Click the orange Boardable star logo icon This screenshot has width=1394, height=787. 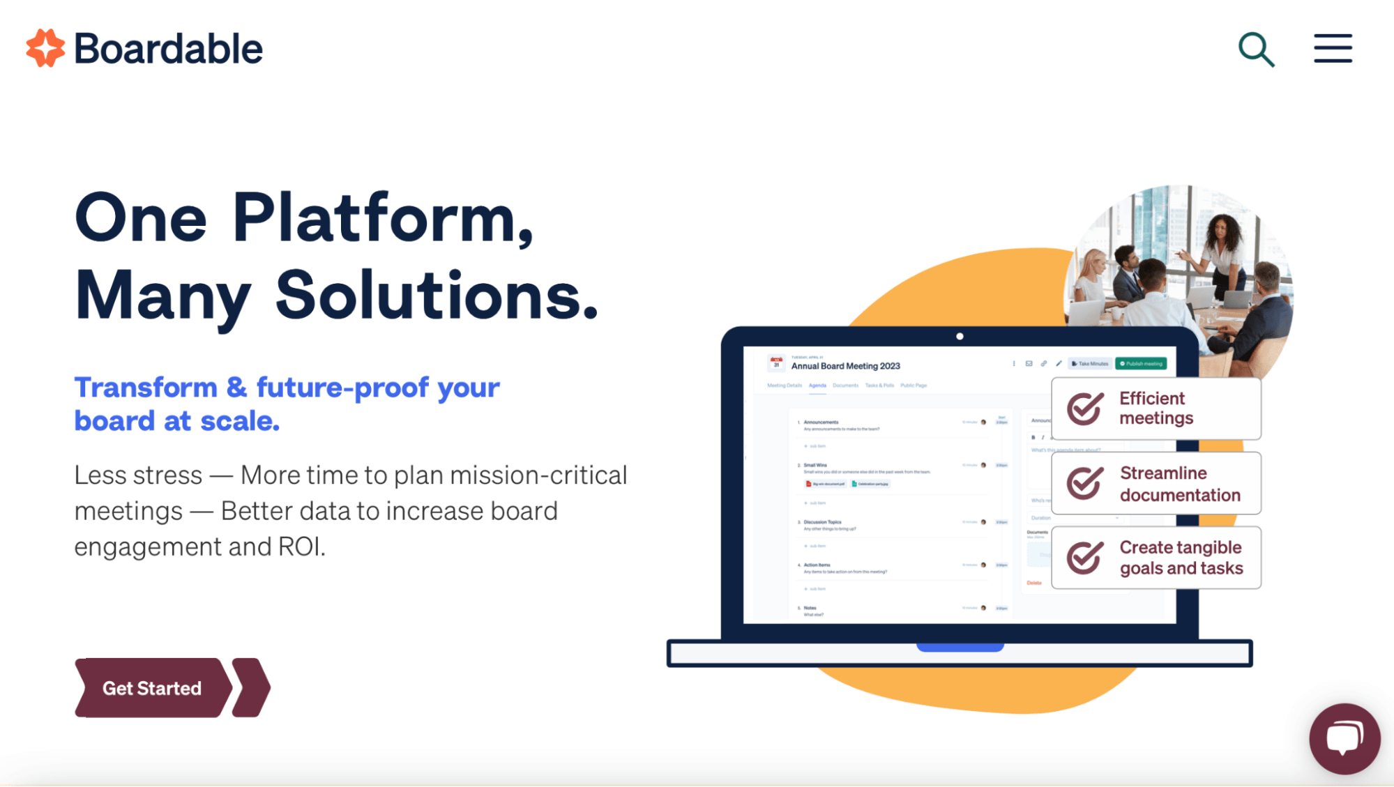45,48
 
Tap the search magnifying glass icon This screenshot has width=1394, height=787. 1255,49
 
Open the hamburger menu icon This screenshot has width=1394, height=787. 1333,48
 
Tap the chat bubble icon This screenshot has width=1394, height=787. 1344,738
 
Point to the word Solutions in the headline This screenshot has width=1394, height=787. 436,296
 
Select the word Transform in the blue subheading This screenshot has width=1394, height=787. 146,388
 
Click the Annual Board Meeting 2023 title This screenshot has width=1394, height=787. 845,366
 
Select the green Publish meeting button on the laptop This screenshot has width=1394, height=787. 1141,364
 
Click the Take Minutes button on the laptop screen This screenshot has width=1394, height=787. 1090,364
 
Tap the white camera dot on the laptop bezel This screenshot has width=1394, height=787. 960,337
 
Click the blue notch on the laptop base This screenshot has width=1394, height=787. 960,648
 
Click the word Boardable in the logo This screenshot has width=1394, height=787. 168,49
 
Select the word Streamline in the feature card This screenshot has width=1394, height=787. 1163,473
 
